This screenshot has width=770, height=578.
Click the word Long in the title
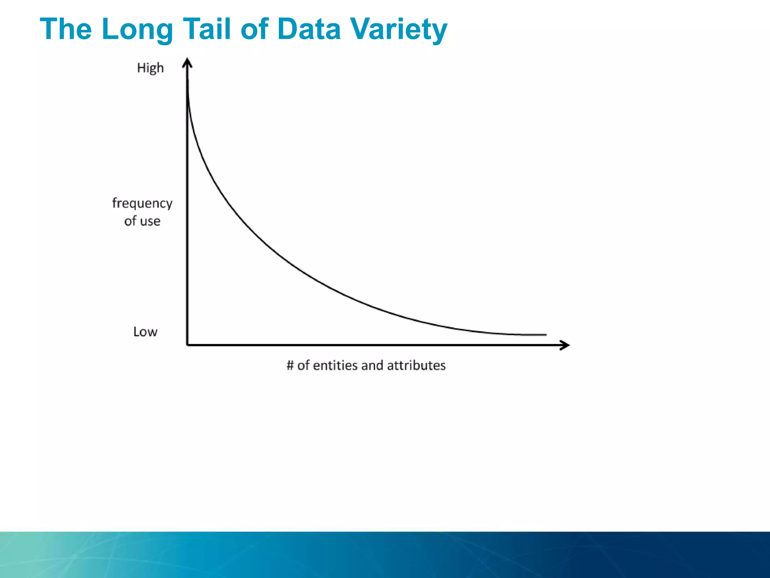pos(137,29)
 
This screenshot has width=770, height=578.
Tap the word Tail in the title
pos(206,29)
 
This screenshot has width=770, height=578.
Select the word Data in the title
pos(308,29)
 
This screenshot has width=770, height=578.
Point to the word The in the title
pos(66,29)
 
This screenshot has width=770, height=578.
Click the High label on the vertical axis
pos(150,68)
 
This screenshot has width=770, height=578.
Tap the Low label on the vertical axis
pos(145,332)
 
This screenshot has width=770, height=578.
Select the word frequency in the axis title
pos(142,203)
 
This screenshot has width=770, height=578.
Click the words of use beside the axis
pos(142,221)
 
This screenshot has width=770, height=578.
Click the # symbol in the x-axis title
pos(290,365)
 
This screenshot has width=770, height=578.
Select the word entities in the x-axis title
pos(335,365)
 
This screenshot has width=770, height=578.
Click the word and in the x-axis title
pos(372,365)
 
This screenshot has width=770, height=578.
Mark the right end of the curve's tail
pos(545,335)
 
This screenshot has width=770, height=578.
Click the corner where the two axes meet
pos(187,345)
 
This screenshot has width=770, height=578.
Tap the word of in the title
pos(254,29)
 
